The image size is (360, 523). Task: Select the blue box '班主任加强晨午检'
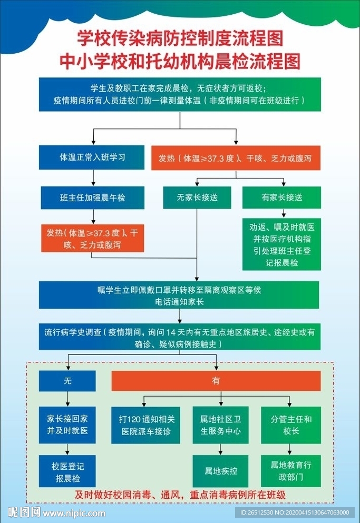92,198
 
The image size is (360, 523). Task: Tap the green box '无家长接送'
197,198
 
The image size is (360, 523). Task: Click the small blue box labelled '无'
67,381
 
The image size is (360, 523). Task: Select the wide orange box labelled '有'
216,381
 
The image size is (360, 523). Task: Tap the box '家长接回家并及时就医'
67,425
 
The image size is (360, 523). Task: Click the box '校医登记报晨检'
67,471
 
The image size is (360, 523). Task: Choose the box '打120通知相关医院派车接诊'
146,425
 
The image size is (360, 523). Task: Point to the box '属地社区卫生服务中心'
220,425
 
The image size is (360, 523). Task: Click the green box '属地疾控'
220,471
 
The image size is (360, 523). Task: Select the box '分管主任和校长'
291,425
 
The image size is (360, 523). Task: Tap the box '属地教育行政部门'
291,471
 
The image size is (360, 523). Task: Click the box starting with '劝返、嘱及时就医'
281,244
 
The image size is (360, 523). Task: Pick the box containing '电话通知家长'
179,295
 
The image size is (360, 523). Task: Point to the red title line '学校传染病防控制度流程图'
180,38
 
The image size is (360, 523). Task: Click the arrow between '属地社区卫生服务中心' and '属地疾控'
220,449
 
